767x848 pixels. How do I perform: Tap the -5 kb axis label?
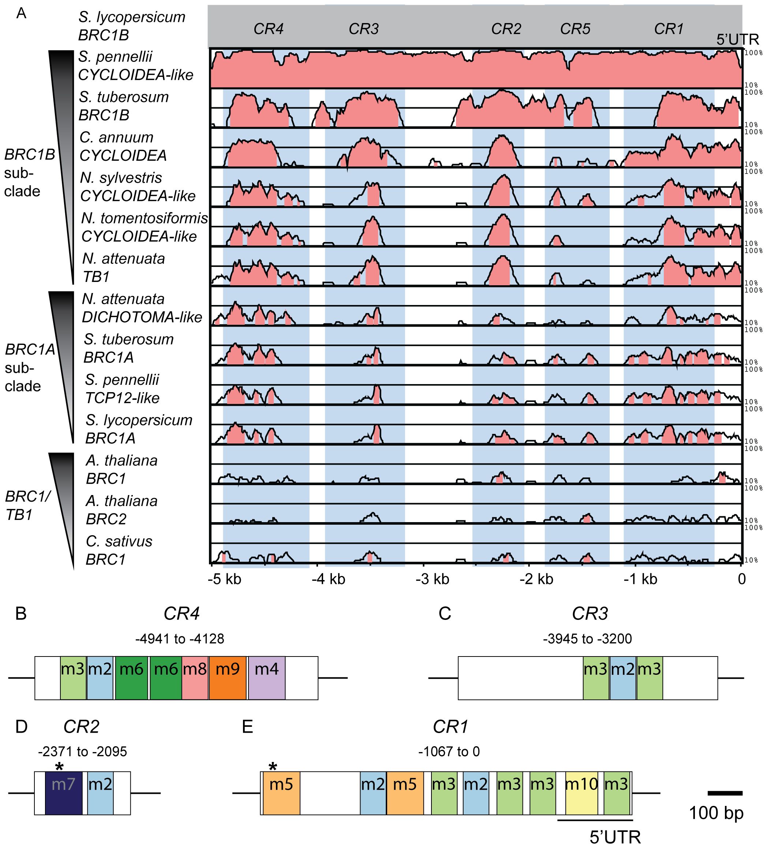(x=225, y=579)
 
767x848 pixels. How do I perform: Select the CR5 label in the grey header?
(x=575, y=29)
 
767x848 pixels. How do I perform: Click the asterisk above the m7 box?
(x=59, y=767)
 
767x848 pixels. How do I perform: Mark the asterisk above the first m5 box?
(x=273, y=767)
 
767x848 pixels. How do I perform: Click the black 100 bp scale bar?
(x=725, y=793)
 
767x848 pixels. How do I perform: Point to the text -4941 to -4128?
(x=180, y=639)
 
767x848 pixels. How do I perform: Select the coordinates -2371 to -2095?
(x=82, y=752)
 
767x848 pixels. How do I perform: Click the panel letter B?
(x=20, y=614)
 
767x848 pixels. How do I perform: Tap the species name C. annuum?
(x=116, y=138)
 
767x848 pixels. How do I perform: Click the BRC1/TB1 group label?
(x=27, y=505)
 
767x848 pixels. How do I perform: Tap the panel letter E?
(x=247, y=726)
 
